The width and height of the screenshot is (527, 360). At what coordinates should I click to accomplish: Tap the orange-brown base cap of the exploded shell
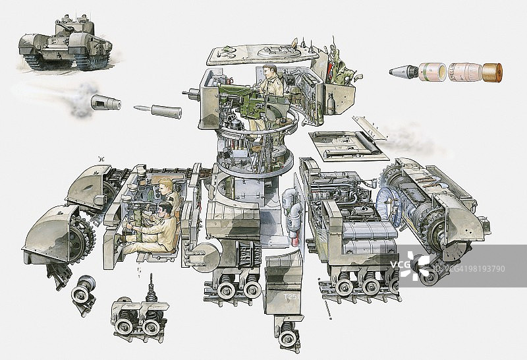[x=492, y=73]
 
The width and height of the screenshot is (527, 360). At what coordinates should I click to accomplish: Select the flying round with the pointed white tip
[x=157, y=110]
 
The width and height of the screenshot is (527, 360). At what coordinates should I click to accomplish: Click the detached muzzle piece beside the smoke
[x=105, y=102]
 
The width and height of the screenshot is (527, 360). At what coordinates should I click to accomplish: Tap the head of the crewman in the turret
[x=271, y=71]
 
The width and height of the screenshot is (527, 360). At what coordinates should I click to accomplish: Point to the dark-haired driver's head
[x=164, y=210]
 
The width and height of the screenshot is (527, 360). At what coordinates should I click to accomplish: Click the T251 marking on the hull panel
[x=290, y=297]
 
